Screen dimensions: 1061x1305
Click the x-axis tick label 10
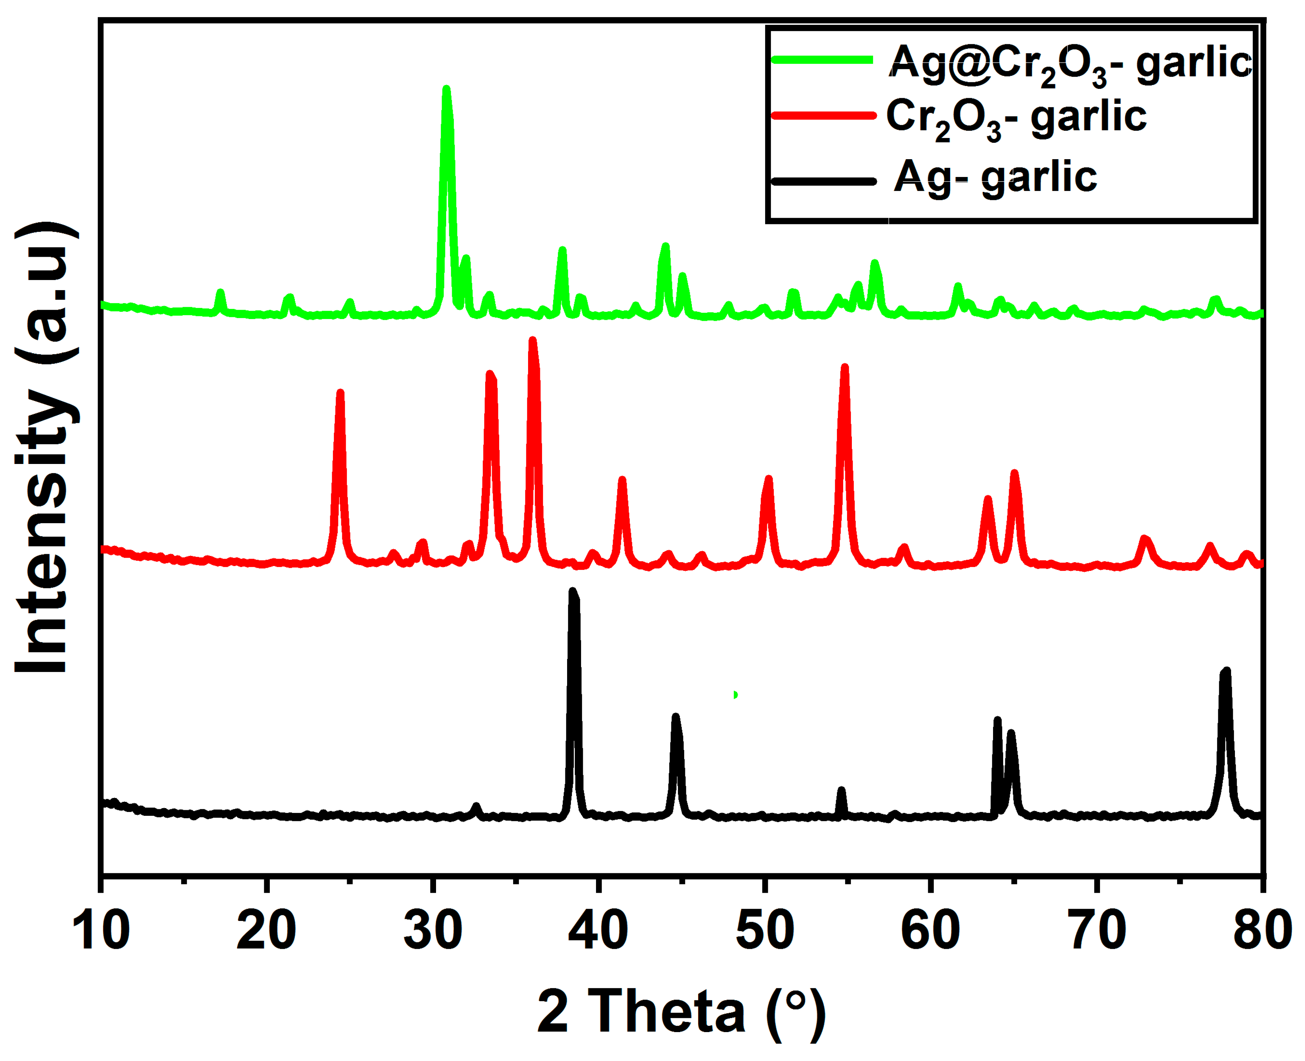pos(101,930)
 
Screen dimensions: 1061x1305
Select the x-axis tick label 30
pos(433,930)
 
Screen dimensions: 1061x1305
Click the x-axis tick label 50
pos(764,930)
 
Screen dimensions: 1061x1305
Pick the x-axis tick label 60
pos(930,930)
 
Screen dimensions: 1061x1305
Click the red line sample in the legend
pos(823,116)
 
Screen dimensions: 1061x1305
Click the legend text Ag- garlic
pos(995,178)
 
